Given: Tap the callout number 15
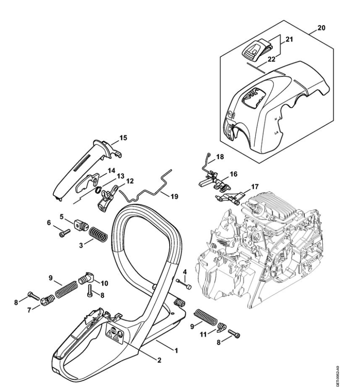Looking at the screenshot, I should click(123, 138).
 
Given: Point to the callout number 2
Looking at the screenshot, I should click(159, 360).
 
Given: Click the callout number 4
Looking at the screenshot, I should click(185, 272).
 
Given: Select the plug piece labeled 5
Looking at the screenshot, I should click(79, 224).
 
